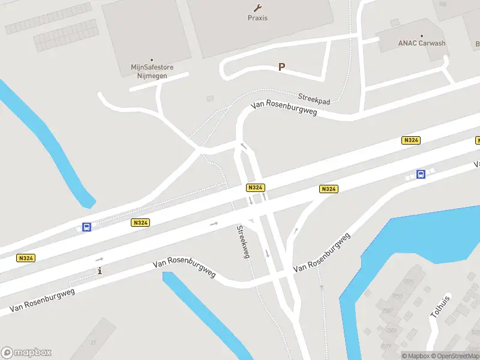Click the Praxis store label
tap(257, 18)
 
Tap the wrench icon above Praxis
tap(258, 8)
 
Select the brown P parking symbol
tap(281, 67)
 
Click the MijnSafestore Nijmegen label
tap(152, 71)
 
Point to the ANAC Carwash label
tap(422, 43)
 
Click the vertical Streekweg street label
tap(242, 242)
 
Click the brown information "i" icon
tap(100, 271)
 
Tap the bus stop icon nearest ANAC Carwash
tap(421, 175)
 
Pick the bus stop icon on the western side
tap(87, 227)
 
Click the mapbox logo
tap(26, 353)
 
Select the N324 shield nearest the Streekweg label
tap(255, 188)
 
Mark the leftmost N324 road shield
tap(26, 258)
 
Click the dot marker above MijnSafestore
tap(152, 60)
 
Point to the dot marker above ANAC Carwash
tap(422, 36)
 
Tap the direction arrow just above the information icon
tap(99, 259)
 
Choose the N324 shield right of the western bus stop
tap(140, 223)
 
